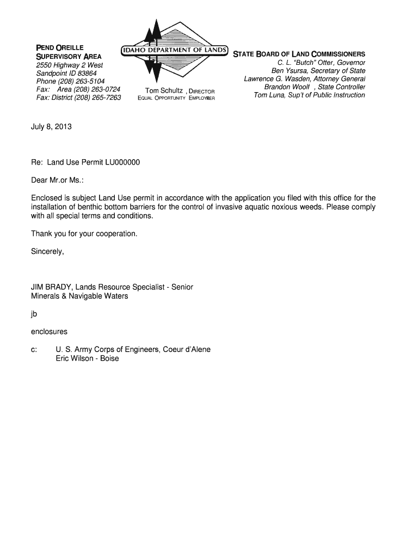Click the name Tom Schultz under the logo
point(164,90)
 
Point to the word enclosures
point(50,331)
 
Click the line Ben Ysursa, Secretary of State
point(318,71)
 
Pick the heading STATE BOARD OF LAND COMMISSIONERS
point(299,54)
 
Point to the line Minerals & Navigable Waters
point(80,296)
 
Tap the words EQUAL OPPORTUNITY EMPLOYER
point(176,98)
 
